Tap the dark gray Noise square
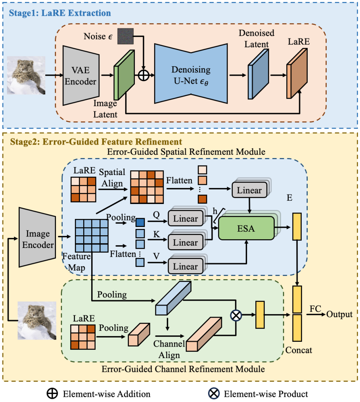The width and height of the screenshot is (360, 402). [125, 36]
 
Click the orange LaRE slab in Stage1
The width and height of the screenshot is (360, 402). [297, 74]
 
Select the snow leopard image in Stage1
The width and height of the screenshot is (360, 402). [29, 75]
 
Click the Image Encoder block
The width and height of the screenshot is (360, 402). [38, 240]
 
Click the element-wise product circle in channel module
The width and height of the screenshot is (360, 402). [237, 315]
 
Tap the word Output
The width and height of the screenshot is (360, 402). [340, 314]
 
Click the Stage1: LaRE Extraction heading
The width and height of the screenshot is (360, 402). [58, 13]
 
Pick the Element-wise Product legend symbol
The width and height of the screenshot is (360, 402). [214, 394]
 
